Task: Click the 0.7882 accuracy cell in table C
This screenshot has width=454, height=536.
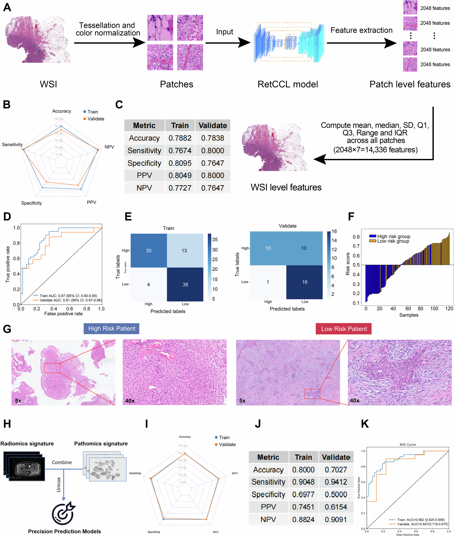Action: pos(180,138)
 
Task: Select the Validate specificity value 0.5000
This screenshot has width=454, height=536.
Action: pos(336,494)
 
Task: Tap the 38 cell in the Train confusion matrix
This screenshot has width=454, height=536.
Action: pos(185,284)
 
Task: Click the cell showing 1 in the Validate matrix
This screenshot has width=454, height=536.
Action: pos(268,282)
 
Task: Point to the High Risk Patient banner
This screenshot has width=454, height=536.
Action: pos(112,328)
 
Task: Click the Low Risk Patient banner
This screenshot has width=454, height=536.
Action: pos(344,329)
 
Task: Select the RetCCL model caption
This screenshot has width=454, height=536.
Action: pos(288,84)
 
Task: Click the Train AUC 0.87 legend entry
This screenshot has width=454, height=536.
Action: pos(68,296)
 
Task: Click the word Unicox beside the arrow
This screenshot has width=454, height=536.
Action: pos(59,485)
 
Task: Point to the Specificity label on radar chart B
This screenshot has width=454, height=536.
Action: pos(31,203)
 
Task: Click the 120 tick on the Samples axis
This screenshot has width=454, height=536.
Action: pos(449,308)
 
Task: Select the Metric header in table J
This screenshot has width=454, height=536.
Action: pos(268,457)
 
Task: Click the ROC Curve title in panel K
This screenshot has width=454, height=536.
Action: pos(408,445)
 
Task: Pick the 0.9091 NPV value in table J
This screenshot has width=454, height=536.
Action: pos(336,519)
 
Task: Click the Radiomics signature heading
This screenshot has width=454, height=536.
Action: pos(27,444)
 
